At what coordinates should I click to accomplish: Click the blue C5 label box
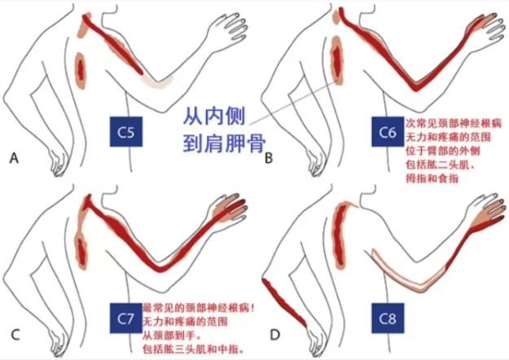[126, 131]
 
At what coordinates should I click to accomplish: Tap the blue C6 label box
[388, 131]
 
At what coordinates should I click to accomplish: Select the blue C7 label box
[126, 318]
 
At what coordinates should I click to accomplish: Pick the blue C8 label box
[388, 318]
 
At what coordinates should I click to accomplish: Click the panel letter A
[14, 158]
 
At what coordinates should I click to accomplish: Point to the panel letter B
[269, 158]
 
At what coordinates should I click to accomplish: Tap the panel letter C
[15, 335]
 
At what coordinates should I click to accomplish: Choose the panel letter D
[275, 335]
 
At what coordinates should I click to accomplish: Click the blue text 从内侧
[214, 116]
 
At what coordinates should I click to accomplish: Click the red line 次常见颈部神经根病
[454, 123]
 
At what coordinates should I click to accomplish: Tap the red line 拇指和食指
[432, 178]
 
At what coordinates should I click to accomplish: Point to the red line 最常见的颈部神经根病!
[199, 308]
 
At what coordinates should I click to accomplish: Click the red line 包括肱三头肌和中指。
[194, 349]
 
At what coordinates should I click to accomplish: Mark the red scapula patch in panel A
[81, 70]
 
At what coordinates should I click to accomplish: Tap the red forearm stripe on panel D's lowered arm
[284, 302]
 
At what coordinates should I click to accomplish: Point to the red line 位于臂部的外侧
[443, 151]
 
